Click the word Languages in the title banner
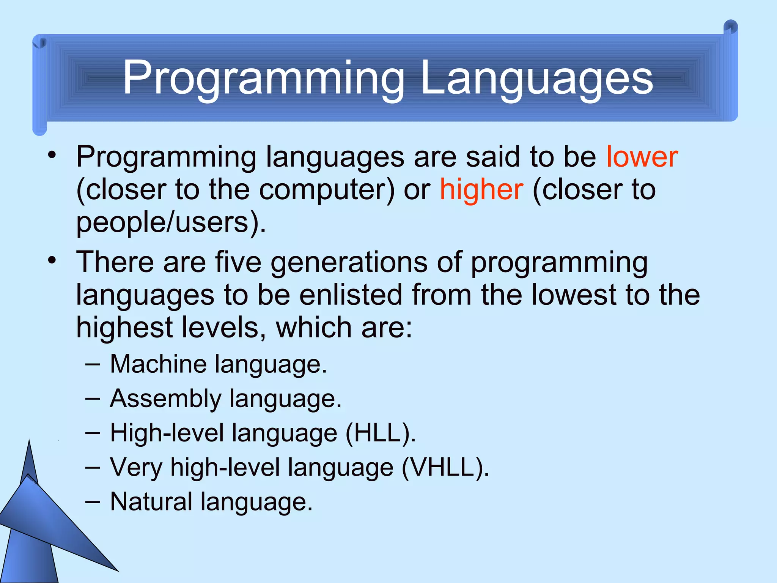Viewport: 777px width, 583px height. [x=536, y=79]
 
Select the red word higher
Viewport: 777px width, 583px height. [x=481, y=189]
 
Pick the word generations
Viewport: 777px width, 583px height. [x=349, y=263]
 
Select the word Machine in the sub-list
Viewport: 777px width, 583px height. [x=159, y=364]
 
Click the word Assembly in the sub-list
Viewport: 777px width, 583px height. [x=165, y=399]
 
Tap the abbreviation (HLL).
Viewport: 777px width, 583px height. [x=381, y=433]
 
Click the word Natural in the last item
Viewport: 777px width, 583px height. [x=151, y=502]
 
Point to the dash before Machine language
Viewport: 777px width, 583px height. [x=93, y=365]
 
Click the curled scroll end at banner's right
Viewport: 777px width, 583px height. [x=730, y=28]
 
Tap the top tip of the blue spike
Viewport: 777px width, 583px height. [x=29, y=441]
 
